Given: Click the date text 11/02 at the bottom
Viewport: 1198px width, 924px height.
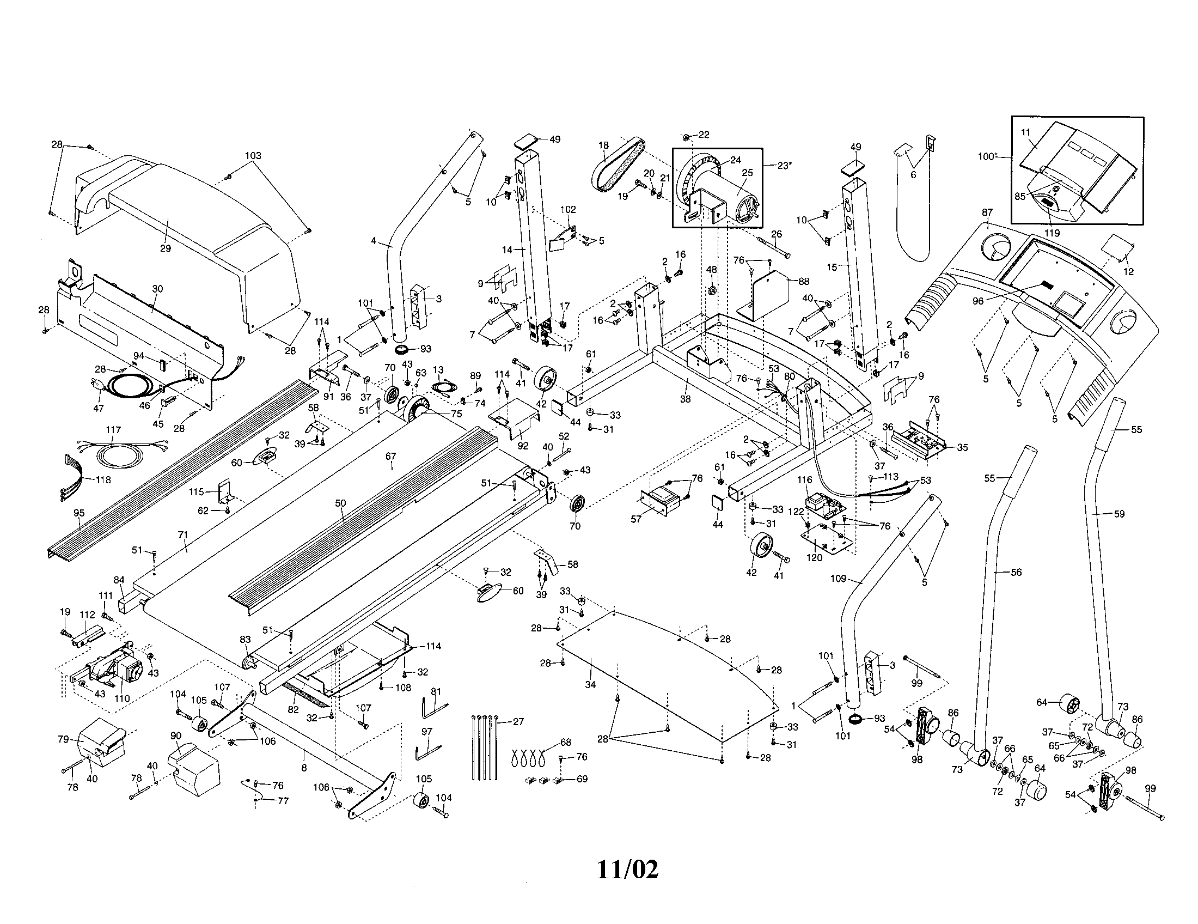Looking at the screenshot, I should point(627,870).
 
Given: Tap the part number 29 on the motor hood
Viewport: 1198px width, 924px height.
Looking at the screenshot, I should point(165,248).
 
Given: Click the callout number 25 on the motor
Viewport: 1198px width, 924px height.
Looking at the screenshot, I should point(747,172).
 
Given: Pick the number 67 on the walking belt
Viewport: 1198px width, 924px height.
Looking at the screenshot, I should point(390,456).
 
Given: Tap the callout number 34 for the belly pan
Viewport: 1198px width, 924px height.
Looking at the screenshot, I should point(590,684).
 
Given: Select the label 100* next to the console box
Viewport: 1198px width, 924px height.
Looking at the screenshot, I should point(987,156).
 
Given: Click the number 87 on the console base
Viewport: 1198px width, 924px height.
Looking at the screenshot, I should point(987,212).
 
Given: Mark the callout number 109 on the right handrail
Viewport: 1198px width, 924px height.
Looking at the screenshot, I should point(839,579).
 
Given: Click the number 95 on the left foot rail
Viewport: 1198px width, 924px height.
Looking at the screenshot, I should point(78,513).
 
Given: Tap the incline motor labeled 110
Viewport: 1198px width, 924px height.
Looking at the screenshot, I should point(118,672).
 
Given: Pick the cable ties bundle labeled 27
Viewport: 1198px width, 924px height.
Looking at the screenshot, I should point(485,746).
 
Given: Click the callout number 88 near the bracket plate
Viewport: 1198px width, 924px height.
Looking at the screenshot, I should point(804,282).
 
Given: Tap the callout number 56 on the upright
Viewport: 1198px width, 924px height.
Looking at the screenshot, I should point(1016,572).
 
